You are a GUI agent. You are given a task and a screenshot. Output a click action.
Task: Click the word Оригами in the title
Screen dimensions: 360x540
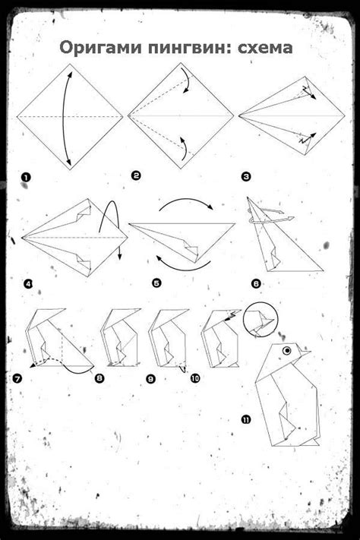tap(100, 48)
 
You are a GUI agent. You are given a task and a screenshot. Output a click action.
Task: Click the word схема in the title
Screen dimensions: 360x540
tap(265, 48)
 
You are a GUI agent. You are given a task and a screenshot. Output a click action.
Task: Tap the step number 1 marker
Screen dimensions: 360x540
tap(26, 178)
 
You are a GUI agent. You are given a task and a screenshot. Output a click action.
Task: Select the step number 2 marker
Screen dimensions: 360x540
tap(136, 176)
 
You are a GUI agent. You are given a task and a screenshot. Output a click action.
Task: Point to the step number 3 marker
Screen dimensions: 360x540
tap(246, 177)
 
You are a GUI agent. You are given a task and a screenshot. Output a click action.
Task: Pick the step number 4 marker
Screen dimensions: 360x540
tap(28, 284)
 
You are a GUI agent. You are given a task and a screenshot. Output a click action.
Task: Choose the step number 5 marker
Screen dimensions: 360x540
tap(156, 283)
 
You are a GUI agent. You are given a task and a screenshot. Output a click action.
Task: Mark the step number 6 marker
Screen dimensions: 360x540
tap(256, 284)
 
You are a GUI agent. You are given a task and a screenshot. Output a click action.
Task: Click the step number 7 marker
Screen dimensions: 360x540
tap(17, 379)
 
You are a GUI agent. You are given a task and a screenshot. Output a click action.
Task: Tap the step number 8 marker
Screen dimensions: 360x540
tap(99, 378)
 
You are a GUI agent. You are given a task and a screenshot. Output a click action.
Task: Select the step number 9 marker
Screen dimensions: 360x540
tap(150, 379)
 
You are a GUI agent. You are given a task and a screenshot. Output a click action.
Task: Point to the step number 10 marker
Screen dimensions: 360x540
tap(195, 378)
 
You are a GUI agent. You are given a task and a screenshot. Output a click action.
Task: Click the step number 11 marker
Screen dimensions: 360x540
tap(246, 419)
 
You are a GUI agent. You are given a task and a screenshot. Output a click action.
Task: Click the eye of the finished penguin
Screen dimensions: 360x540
tap(286, 351)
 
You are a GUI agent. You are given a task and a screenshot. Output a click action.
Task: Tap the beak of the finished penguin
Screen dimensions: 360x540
tap(305, 352)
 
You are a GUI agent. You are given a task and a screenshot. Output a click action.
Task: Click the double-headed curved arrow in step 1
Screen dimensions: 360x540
tap(63, 117)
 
